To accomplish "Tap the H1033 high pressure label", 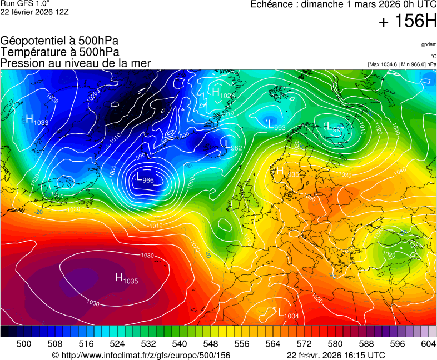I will point(37,120).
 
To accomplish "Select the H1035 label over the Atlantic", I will point(126,279).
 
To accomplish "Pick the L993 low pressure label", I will point(276,126).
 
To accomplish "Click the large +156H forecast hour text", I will point(408,22).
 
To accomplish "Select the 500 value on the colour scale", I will point(24,344).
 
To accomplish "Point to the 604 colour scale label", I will point(428,344).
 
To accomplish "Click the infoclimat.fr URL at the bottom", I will point(141,355).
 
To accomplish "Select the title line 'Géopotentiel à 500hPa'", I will point(59,41).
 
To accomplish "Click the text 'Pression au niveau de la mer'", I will point(76,63).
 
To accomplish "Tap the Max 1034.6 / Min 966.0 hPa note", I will point(402,64).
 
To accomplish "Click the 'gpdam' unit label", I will point(429,44).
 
